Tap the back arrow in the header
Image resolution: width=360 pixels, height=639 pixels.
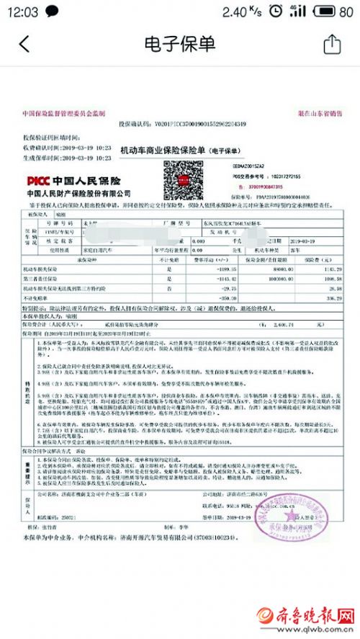(24, 45)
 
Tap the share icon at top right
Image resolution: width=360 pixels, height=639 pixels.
(331, 44)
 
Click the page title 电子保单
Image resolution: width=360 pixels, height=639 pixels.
(180, 44)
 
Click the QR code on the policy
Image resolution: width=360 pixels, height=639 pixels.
(176, 179)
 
